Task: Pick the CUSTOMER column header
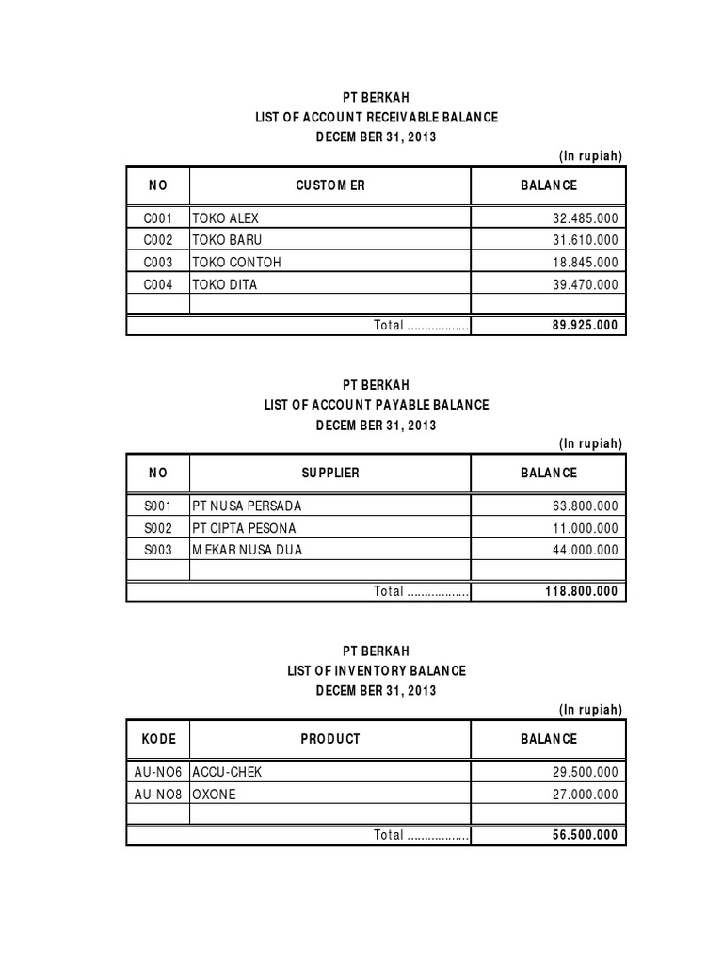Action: (329, 185)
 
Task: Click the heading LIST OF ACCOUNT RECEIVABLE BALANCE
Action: (377, 117)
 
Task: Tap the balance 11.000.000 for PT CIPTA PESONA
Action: (585, 528)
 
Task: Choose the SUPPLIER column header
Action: (329, 473)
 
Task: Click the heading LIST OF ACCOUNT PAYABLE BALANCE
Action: (377, 405)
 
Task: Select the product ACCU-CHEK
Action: (227, 771)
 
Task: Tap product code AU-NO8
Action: (158, 794)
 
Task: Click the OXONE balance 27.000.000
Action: (585, 794)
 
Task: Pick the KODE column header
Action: (158, 739)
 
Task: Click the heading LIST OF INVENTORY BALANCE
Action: (377, 671)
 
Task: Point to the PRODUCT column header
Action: (329, 739)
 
